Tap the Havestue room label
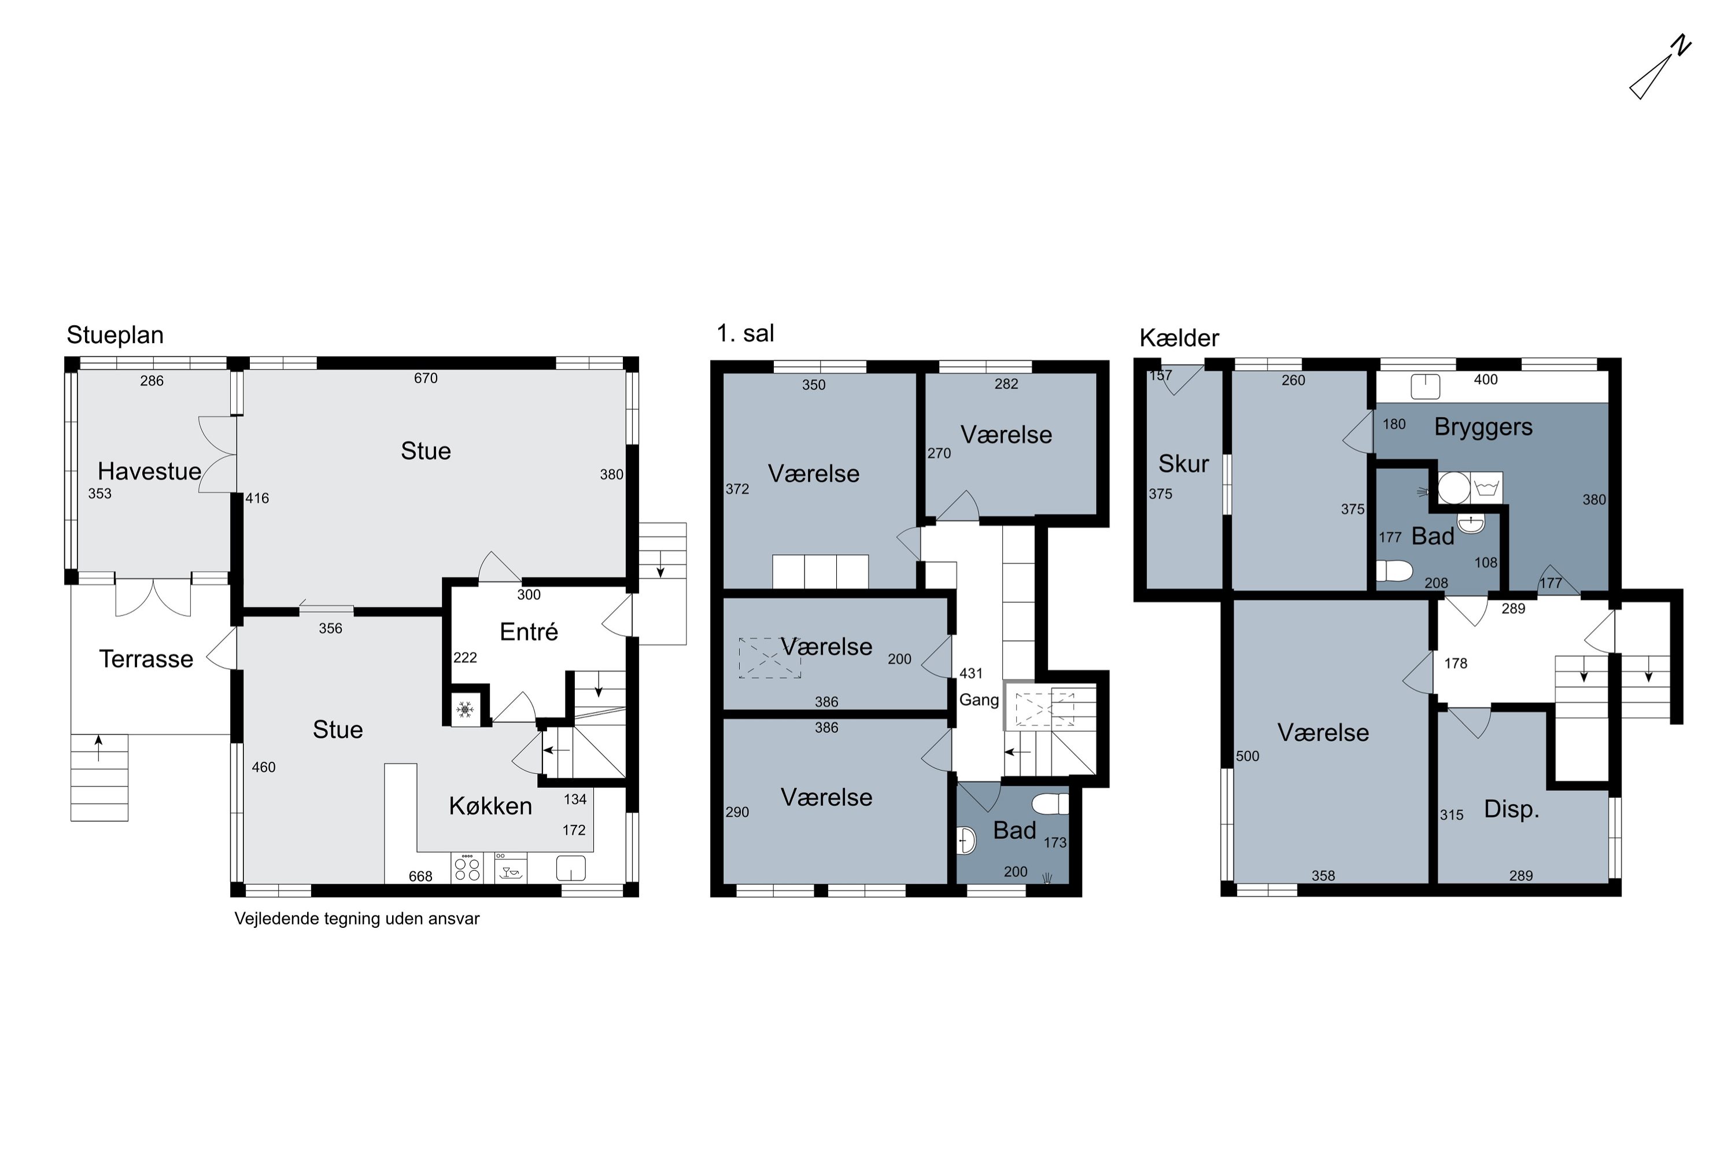click(x=149, y=471)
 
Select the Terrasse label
click(x=146, y=659)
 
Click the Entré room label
click(x=529, y=632)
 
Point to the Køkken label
click(x=490, y=806)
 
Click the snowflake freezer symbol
click(x=465, y=710)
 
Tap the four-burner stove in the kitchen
click(x=467, y=868)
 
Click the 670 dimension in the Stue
click(x=426, y=378)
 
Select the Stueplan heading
click(x=115, y=335)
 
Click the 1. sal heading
click(x=745, y=334)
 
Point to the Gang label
click(x=979, y=700)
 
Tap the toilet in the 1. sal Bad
click(x=1050, y=804)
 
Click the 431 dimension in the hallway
click(x=971, y=674)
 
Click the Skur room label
click(x=1183, y=464)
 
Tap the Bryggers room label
click(x=1483, y=428)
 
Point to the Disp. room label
click(x=1512, y=809)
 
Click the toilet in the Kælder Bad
click(x=1394, y=570)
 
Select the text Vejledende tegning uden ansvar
click(x=357, y=919)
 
